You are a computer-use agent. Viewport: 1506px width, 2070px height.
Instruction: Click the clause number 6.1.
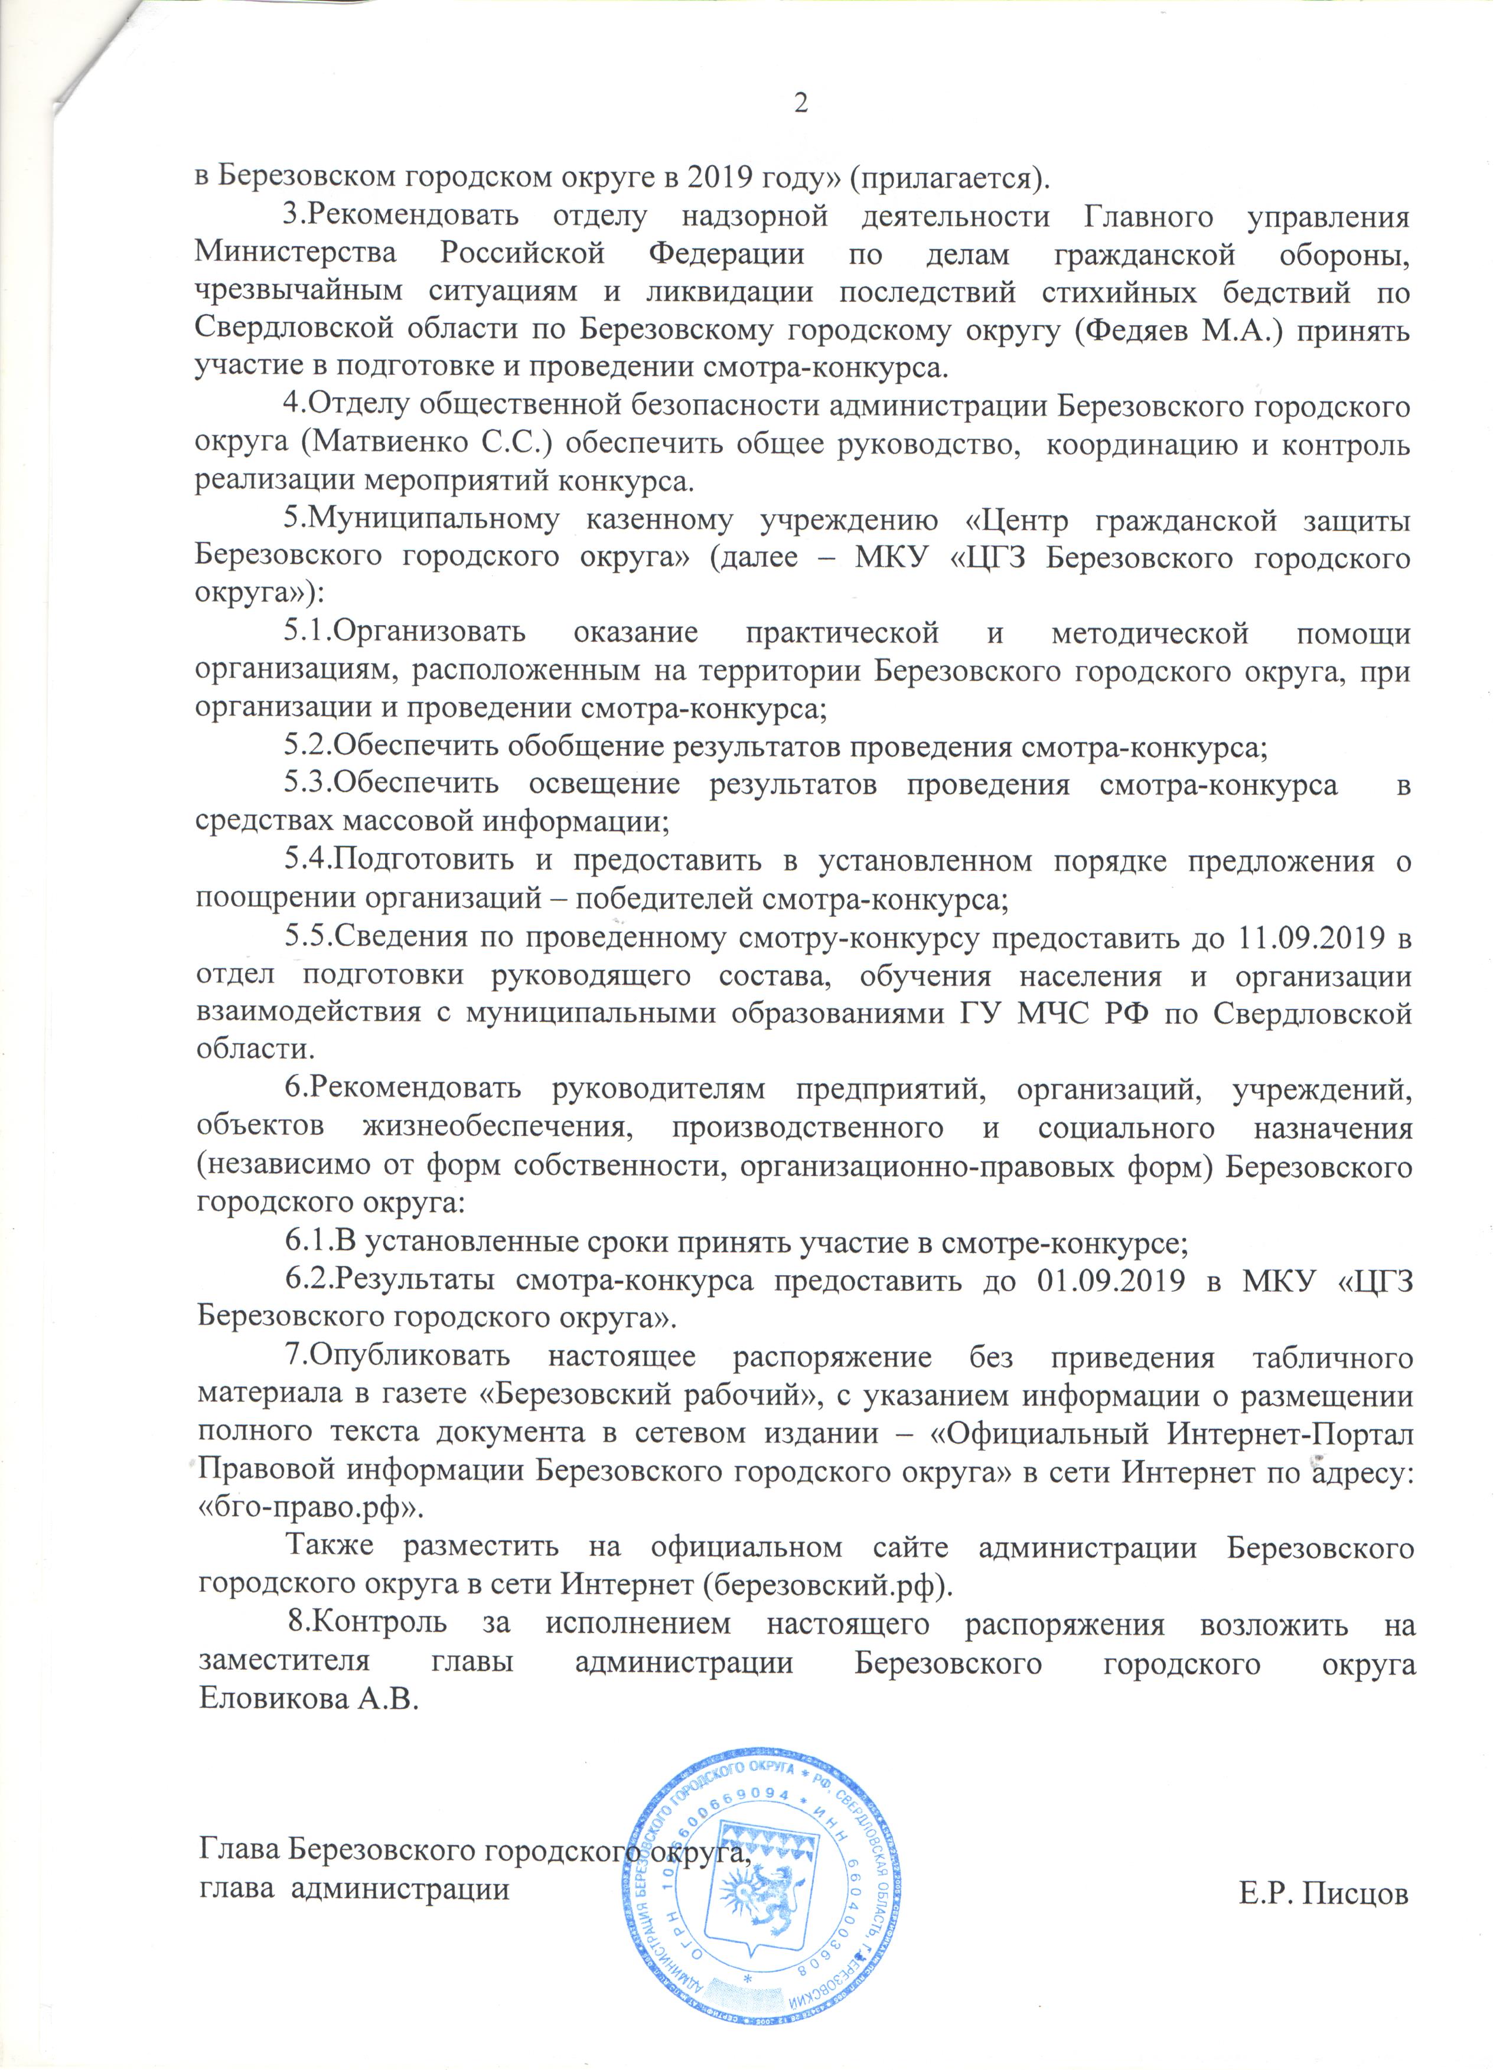click(308, 1242)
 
